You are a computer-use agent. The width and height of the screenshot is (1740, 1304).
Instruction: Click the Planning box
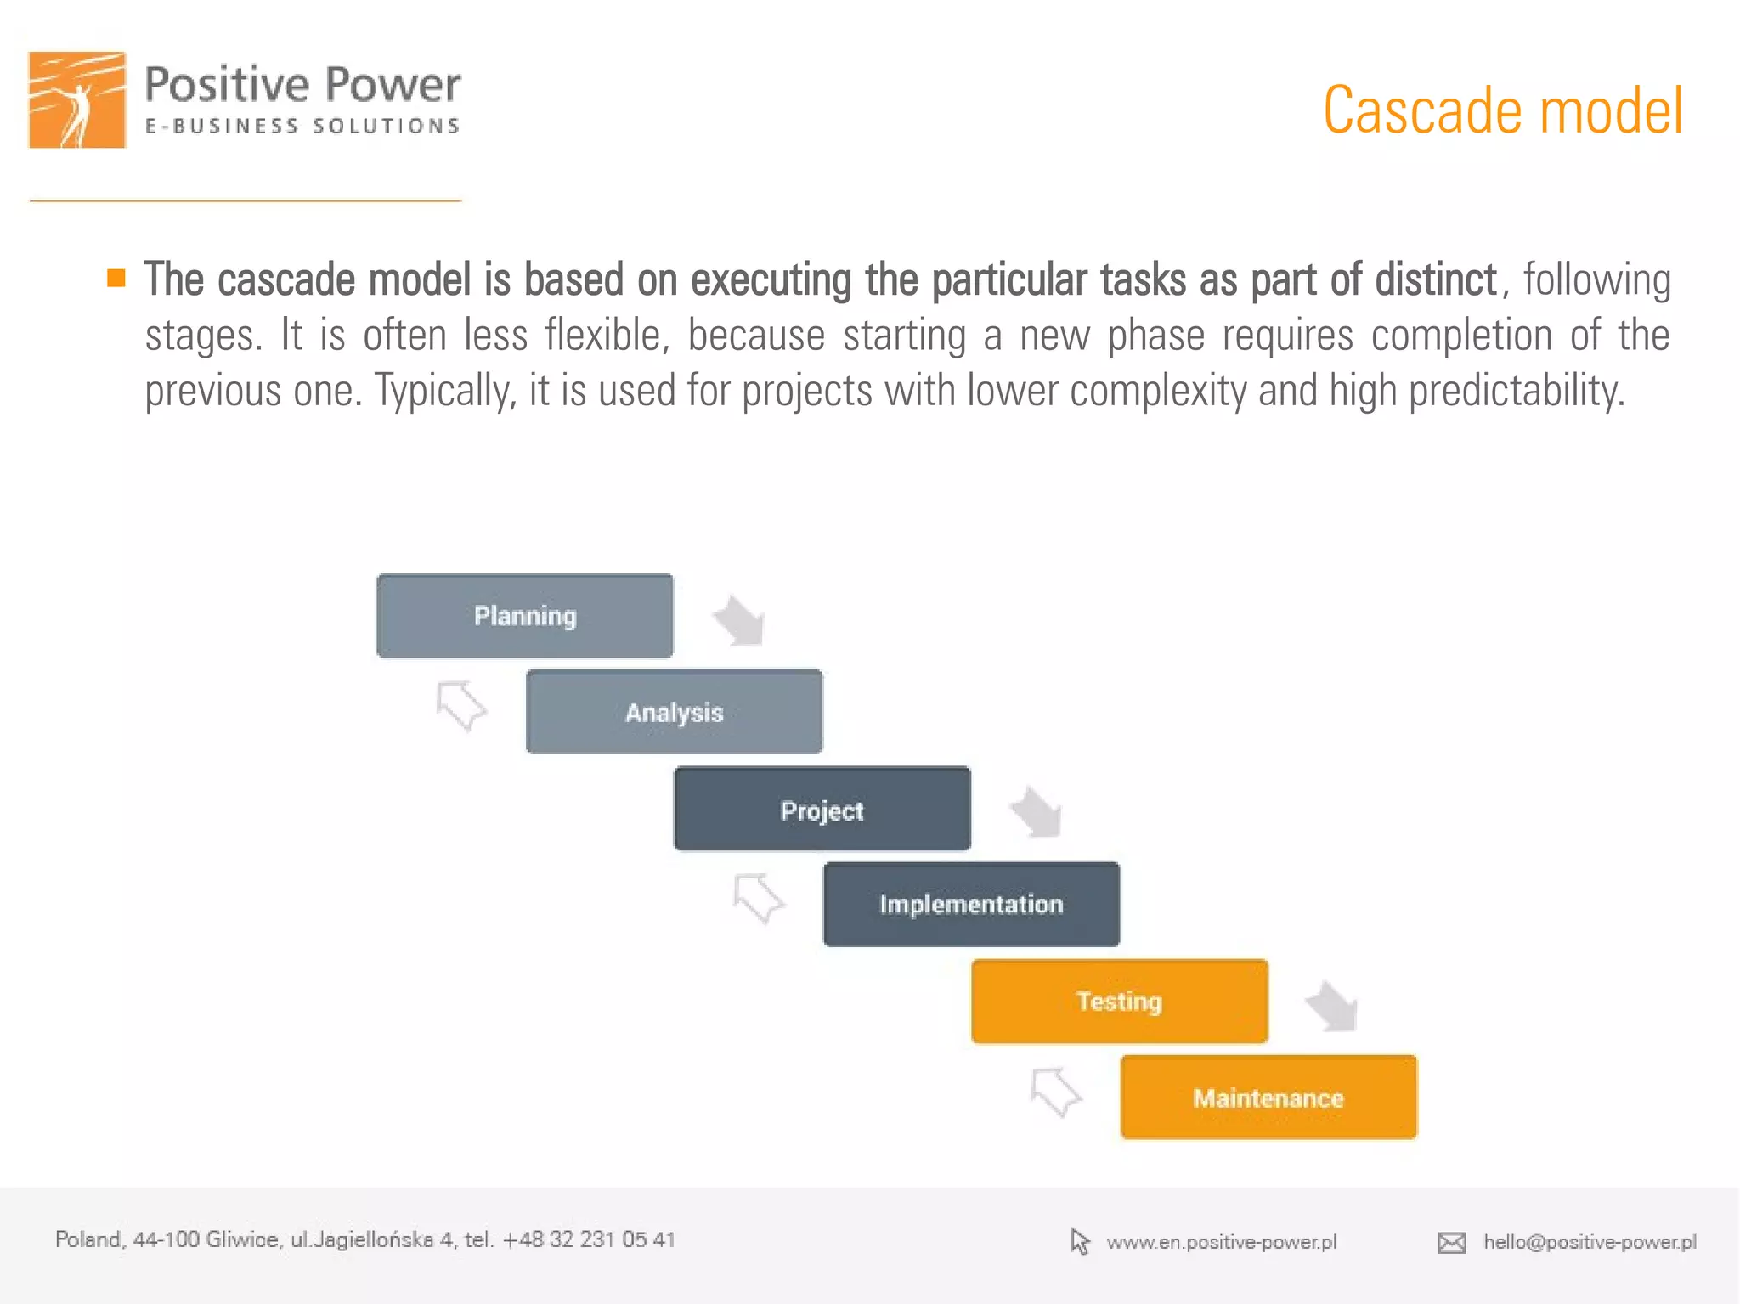pos(525,616)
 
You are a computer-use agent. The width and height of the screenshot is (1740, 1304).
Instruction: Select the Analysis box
pos(674,712)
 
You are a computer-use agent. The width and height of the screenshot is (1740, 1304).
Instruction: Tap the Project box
pos(822,809)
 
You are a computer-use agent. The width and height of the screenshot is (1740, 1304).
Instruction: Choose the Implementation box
pos(971,905)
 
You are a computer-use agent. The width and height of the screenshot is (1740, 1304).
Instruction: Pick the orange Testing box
pos(1119,1002)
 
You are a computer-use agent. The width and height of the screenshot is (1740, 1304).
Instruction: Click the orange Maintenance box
pos(1268,1098)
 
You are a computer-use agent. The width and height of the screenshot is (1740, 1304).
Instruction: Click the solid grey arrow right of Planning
pos(739,621)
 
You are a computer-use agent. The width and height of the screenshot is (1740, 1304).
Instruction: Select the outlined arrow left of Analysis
pos(460,705)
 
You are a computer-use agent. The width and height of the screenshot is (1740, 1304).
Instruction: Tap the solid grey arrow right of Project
pos(1037,812)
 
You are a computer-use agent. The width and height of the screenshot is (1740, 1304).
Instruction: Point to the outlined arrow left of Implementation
pos(758,898)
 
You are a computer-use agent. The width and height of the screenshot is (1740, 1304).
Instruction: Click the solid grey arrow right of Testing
pos(1333,1006)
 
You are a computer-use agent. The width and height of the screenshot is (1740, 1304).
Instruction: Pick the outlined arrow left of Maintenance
pos(1054,1092)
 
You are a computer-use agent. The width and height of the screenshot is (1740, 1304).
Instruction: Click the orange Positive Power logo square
pos(77,99)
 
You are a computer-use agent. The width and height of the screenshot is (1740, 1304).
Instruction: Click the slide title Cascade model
pos(1502,111)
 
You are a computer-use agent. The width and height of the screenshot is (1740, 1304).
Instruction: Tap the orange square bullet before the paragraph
pos(116,278)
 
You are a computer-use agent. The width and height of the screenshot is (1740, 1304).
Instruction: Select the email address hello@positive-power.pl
pos(1590,1242)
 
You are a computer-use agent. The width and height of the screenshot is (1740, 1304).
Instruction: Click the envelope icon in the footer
pos(1451,1243)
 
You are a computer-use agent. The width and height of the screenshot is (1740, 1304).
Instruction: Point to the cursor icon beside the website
pos(1079,1242)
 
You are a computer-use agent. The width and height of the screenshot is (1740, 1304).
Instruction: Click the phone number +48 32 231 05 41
pos(589,1239)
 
